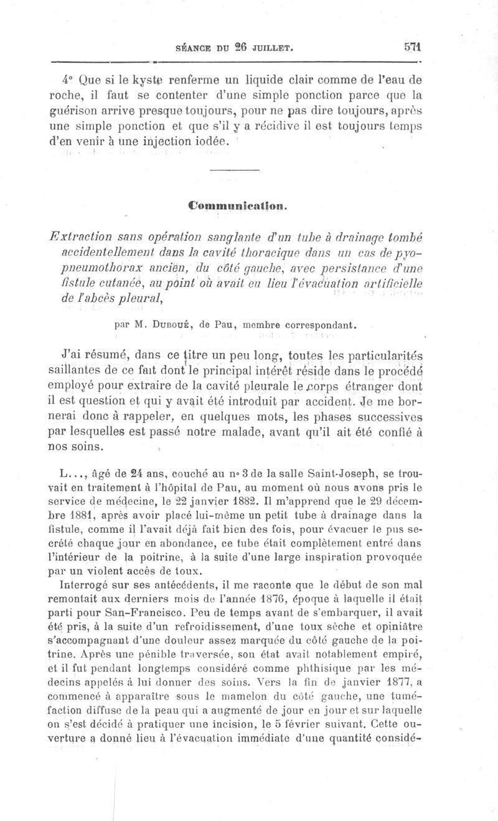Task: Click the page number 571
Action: click(413, 47)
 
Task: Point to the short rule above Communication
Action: click(234, 171)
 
